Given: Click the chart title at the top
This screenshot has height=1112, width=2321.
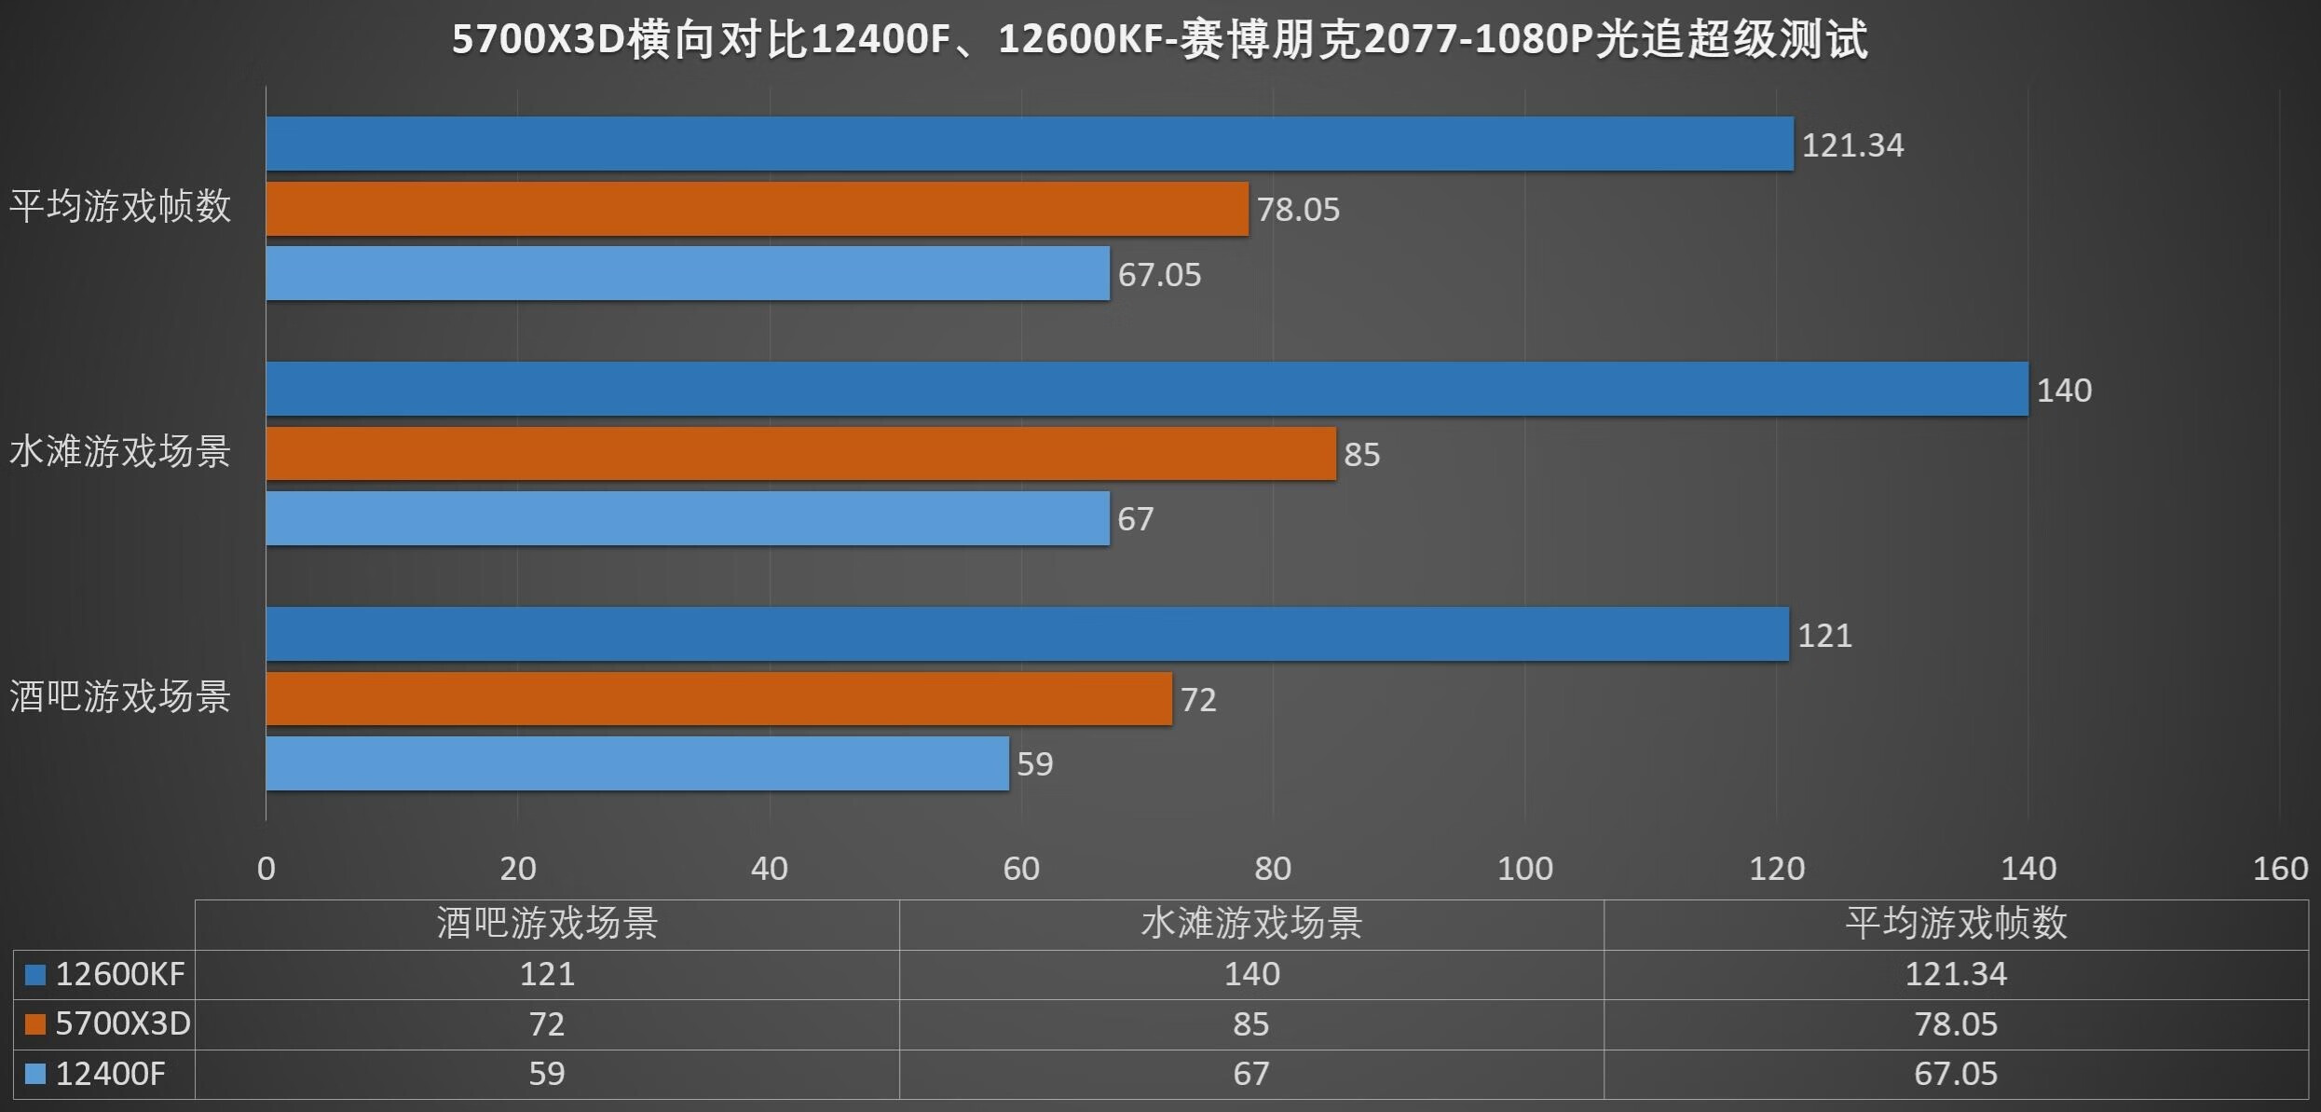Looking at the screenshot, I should [1159, 40].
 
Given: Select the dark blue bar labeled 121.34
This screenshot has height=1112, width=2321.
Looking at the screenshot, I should [1029, 144].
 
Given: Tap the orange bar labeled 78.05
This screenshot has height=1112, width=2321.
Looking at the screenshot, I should [757, 209].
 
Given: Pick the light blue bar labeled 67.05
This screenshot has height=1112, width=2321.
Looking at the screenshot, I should [688, 273].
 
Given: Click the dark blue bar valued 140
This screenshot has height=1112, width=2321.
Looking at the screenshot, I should [1146, 389].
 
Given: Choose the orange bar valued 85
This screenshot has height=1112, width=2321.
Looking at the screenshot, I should [800, 454].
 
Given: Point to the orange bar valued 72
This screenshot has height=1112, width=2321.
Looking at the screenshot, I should [718, 698].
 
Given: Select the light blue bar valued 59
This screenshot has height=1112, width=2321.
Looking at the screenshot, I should [637, 763].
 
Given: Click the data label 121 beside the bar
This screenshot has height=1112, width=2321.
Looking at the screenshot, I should [1823, 635].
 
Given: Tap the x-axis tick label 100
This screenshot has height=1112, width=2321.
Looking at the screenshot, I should [1524, 869].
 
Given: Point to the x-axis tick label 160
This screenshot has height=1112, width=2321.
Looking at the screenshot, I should [2279, 869].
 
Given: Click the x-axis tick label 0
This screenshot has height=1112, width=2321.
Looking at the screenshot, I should [266, 869].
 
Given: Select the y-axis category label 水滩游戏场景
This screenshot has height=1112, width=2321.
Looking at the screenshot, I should [120, 452].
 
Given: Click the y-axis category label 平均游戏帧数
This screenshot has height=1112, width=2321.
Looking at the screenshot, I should [120, 206].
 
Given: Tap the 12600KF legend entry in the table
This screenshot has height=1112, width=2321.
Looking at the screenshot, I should [119, 974].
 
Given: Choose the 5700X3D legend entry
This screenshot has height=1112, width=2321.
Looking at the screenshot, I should [122, 1023].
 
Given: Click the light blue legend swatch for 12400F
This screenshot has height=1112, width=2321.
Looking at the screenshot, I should [35, 1074].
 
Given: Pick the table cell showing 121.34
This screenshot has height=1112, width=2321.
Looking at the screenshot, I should [1955, 974].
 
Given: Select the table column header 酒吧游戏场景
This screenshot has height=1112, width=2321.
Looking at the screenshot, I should [547, 924].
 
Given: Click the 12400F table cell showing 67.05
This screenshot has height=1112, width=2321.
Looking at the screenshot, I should [1955, 1074].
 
